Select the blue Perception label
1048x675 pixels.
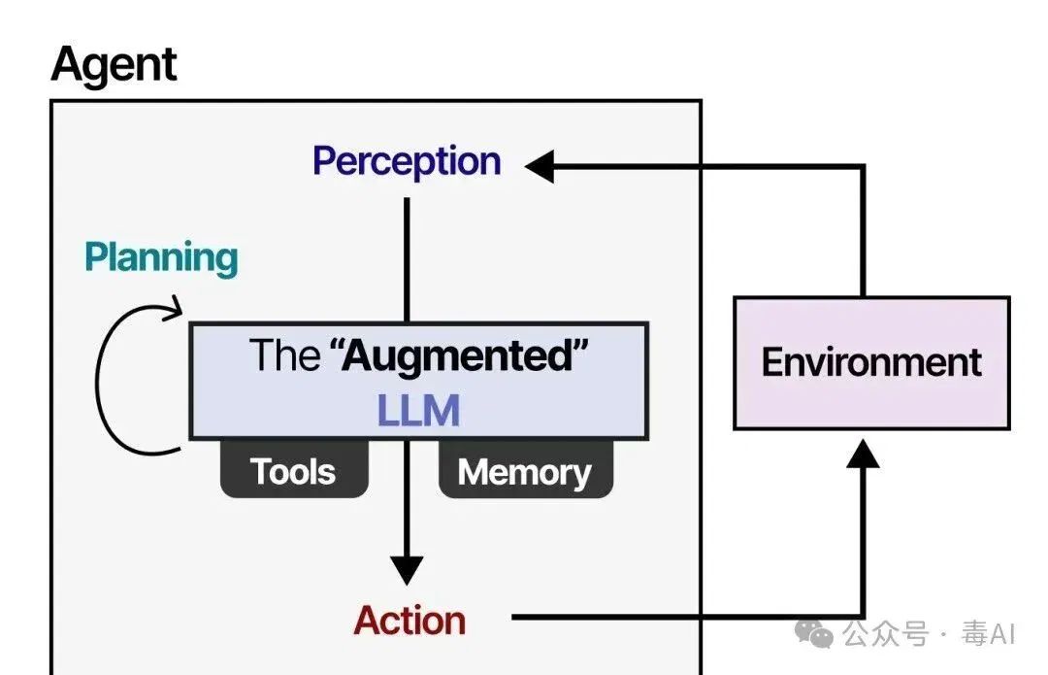tap(407, 161)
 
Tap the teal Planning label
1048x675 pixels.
tap(161, 258)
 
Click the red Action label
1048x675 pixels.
tap(409, 621)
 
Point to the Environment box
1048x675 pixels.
tap(871, 362)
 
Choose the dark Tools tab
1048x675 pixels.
tap(294, 470)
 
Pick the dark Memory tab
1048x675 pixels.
tap(525, 470)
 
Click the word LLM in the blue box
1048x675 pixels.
tap(418, 410)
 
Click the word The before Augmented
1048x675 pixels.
tap(284, 355)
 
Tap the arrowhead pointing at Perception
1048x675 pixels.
tap(540, 166)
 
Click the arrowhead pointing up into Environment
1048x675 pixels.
tap(863, 453)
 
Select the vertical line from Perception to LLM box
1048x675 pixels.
tap(407, 259)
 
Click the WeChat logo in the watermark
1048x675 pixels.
tap(814, 633)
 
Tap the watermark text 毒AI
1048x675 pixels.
tap(989, 633)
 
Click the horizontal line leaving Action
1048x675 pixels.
tap(687, 617)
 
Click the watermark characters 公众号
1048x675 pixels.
tap(886, 633)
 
